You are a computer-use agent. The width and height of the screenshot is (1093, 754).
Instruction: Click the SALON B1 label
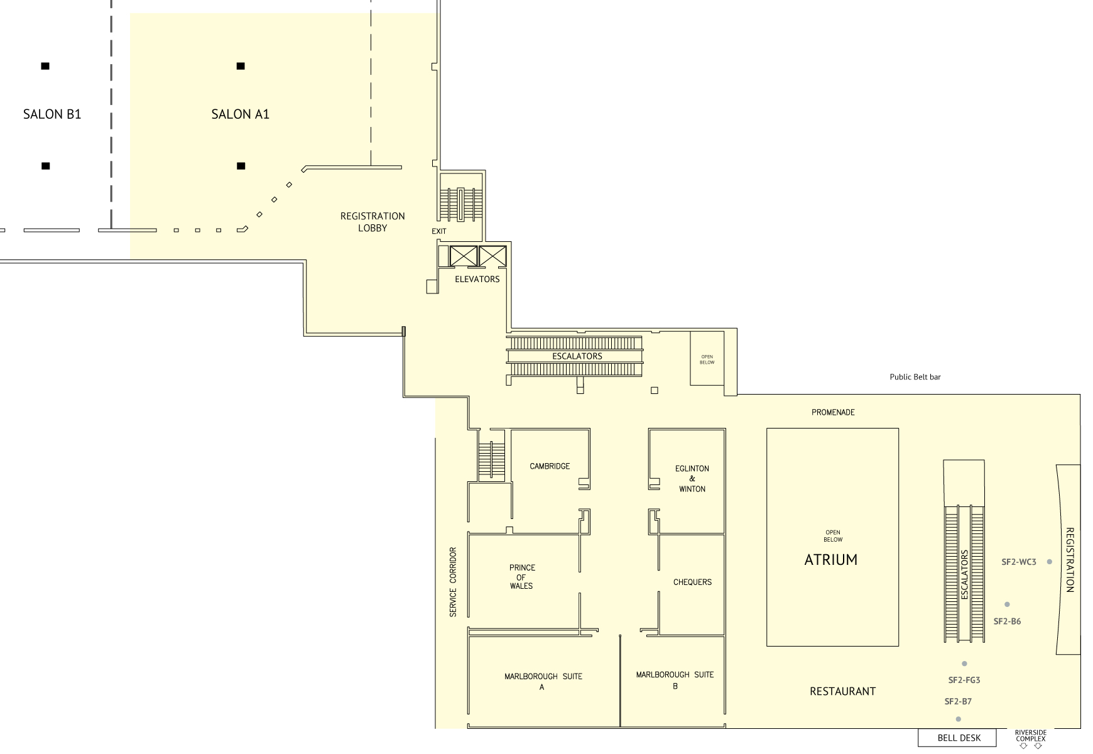(52, 114)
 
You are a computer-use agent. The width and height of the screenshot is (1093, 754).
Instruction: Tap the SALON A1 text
(241, 114)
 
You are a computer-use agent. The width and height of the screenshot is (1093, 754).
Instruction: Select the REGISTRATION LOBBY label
(372, 222)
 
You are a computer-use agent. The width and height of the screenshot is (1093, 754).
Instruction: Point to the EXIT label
(439, 231)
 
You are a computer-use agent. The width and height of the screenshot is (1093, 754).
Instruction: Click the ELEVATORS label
(477, 279)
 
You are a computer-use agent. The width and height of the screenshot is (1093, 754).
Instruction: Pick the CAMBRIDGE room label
(550, 466)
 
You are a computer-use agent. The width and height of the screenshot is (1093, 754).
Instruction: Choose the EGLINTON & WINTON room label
(692, 479)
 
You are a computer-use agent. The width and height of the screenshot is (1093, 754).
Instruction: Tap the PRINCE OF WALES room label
(521, 577)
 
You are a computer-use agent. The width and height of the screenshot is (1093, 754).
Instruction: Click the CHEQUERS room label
(692, 582)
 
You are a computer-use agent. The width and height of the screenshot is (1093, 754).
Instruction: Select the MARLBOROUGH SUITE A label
(543, 682)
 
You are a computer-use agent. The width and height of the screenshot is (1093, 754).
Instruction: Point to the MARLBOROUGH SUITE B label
(675, 680)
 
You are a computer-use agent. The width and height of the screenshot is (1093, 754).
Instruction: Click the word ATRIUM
(831, 560)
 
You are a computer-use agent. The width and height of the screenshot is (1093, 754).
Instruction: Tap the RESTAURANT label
(842, 691)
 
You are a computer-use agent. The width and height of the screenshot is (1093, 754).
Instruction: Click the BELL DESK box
(957, 738)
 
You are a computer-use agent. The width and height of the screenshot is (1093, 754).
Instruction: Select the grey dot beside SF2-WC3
(1049, 562)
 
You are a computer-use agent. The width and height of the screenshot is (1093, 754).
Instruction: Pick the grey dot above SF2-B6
(1007, 604)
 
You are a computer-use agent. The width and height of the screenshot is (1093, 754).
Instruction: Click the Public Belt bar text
(915, 377)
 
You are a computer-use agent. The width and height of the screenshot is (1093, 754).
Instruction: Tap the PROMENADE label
(833, 412)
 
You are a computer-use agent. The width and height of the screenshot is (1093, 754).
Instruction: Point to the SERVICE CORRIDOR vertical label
(453, 582)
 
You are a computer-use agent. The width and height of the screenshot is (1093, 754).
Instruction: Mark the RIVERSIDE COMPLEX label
(1031, 736)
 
